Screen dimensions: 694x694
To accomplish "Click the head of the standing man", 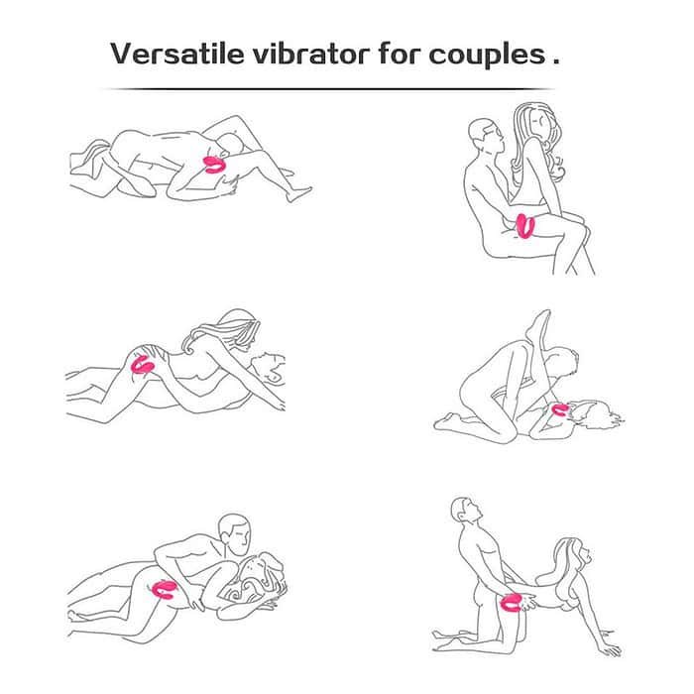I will tap(467, 514).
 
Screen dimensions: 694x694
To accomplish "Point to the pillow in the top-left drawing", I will tap(94, 169).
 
